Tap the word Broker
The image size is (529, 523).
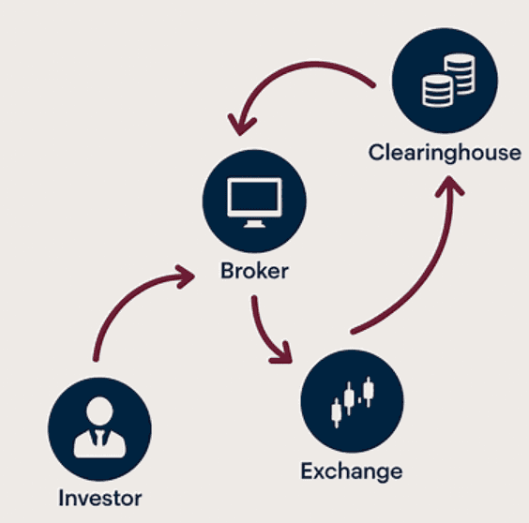[x=254, y=272]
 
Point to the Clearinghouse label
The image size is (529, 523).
[x=444, y=152]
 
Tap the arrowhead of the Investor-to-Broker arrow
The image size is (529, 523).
[x=187, y=275]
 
